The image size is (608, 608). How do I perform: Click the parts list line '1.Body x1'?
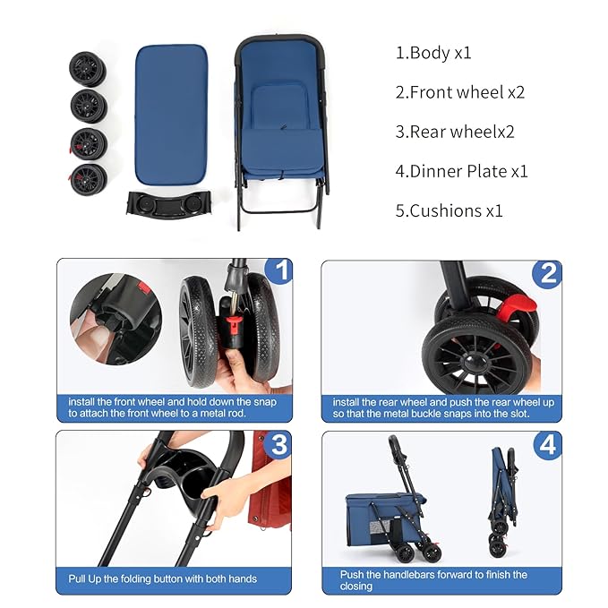(433, 53)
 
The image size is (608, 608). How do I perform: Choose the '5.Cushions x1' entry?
(450, 210)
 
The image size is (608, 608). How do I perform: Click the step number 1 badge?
(279, 270)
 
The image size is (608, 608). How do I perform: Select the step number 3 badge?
(278, 444)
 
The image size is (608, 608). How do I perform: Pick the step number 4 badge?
(545, 445)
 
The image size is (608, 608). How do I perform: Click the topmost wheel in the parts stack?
(89, 67)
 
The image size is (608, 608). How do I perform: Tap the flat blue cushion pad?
(171, 111)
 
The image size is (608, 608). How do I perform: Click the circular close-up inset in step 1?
(116, 320)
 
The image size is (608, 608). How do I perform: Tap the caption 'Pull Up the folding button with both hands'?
(163, 578)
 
